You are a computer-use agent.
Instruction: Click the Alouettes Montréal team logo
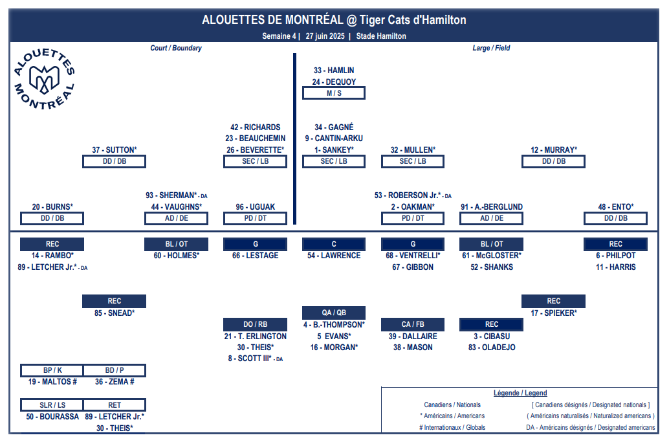pyautogui.click(x=44, y=79)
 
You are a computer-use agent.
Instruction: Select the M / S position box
pyautogui.click(x=334, y=93)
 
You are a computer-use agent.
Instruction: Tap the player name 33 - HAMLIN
pyautogui.click(x=334, y=71)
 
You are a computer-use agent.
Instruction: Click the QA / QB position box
pyautogui.click(x=334, y=313)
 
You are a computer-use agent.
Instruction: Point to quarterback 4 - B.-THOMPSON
pyautogui.click(x=334, y=324)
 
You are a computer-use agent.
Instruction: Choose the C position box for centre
pyautogui.click(x=334, y=244)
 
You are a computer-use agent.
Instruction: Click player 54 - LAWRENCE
pyautogui.click(x=334, y=256)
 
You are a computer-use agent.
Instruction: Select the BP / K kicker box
pyautogui.click(x=52, y=370)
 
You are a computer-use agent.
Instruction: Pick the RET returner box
pyautogui.click(x=115, y=405)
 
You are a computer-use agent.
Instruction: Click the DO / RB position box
pyautogui.click(x=255, y=324)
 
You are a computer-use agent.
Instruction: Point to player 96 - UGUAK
pyautogui.click(x=255, y=207)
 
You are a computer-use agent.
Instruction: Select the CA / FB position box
pyautogui.click(x=413, y=324)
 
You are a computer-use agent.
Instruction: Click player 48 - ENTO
pyautogui.click(x=616, y=207)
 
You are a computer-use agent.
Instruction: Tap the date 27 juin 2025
pyautogui.click(x=325, y=36)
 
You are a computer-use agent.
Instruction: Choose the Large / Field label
pyautogui.click(x=491, y=48)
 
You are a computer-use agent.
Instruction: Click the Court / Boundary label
pyautogui.click(x=176, y=48)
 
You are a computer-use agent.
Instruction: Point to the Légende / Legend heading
pyautogui.click(x=520, y=393)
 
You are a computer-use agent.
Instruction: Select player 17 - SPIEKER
pyautogui.click(x=553, y=313)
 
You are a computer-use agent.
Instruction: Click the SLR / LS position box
pyautogui.click(x=52, y=405)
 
